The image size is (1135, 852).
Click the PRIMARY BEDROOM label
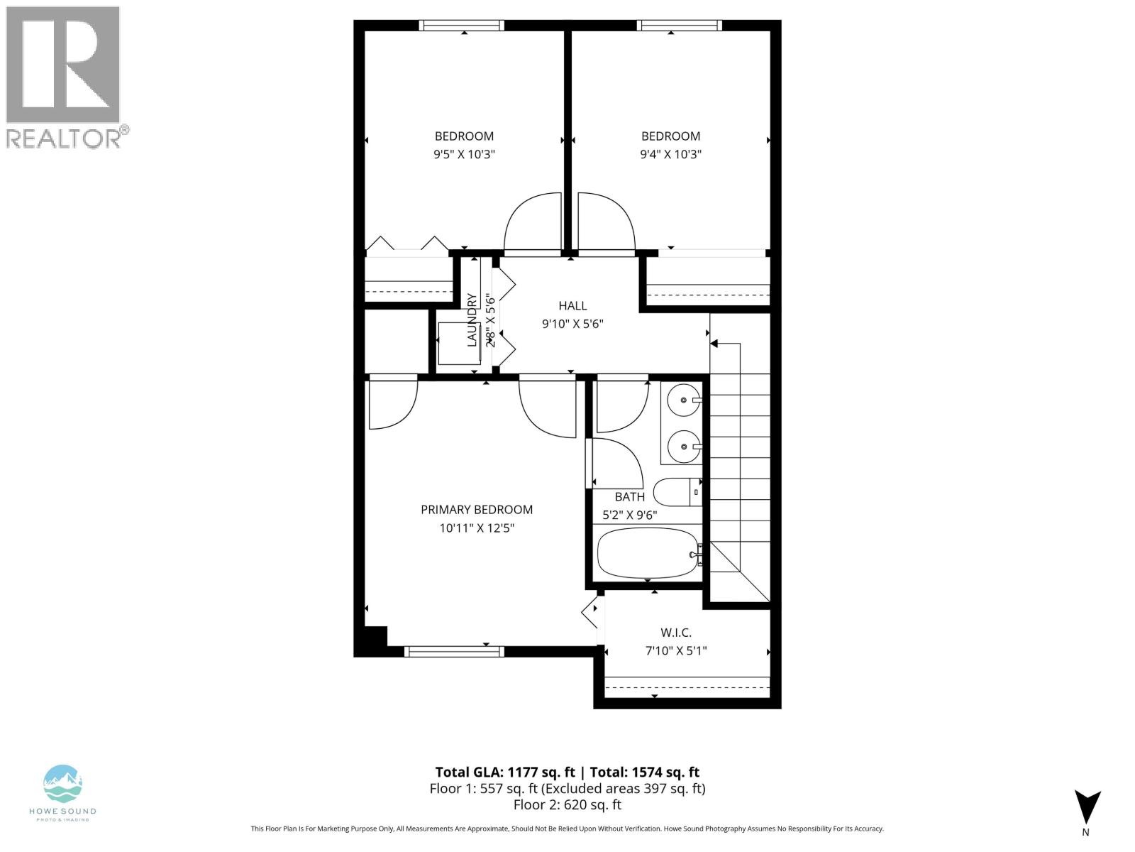click(476, 510)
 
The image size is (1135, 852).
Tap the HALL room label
click(572, 306)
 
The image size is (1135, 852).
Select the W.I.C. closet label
click(675, 633)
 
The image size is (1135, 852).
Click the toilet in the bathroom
click(677, 492)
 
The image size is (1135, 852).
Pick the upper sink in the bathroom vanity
click(682, 400)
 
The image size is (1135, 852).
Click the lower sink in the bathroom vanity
click(682, 447)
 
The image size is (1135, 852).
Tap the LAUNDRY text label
click(472, 319)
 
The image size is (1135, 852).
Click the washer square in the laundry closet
click(459, 344)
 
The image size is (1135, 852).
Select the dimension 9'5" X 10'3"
click(464, 154)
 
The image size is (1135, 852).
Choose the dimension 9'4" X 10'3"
click(670, 154)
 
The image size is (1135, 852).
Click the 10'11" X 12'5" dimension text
click(476, 528)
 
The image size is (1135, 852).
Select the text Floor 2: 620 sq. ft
click(567, 804)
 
